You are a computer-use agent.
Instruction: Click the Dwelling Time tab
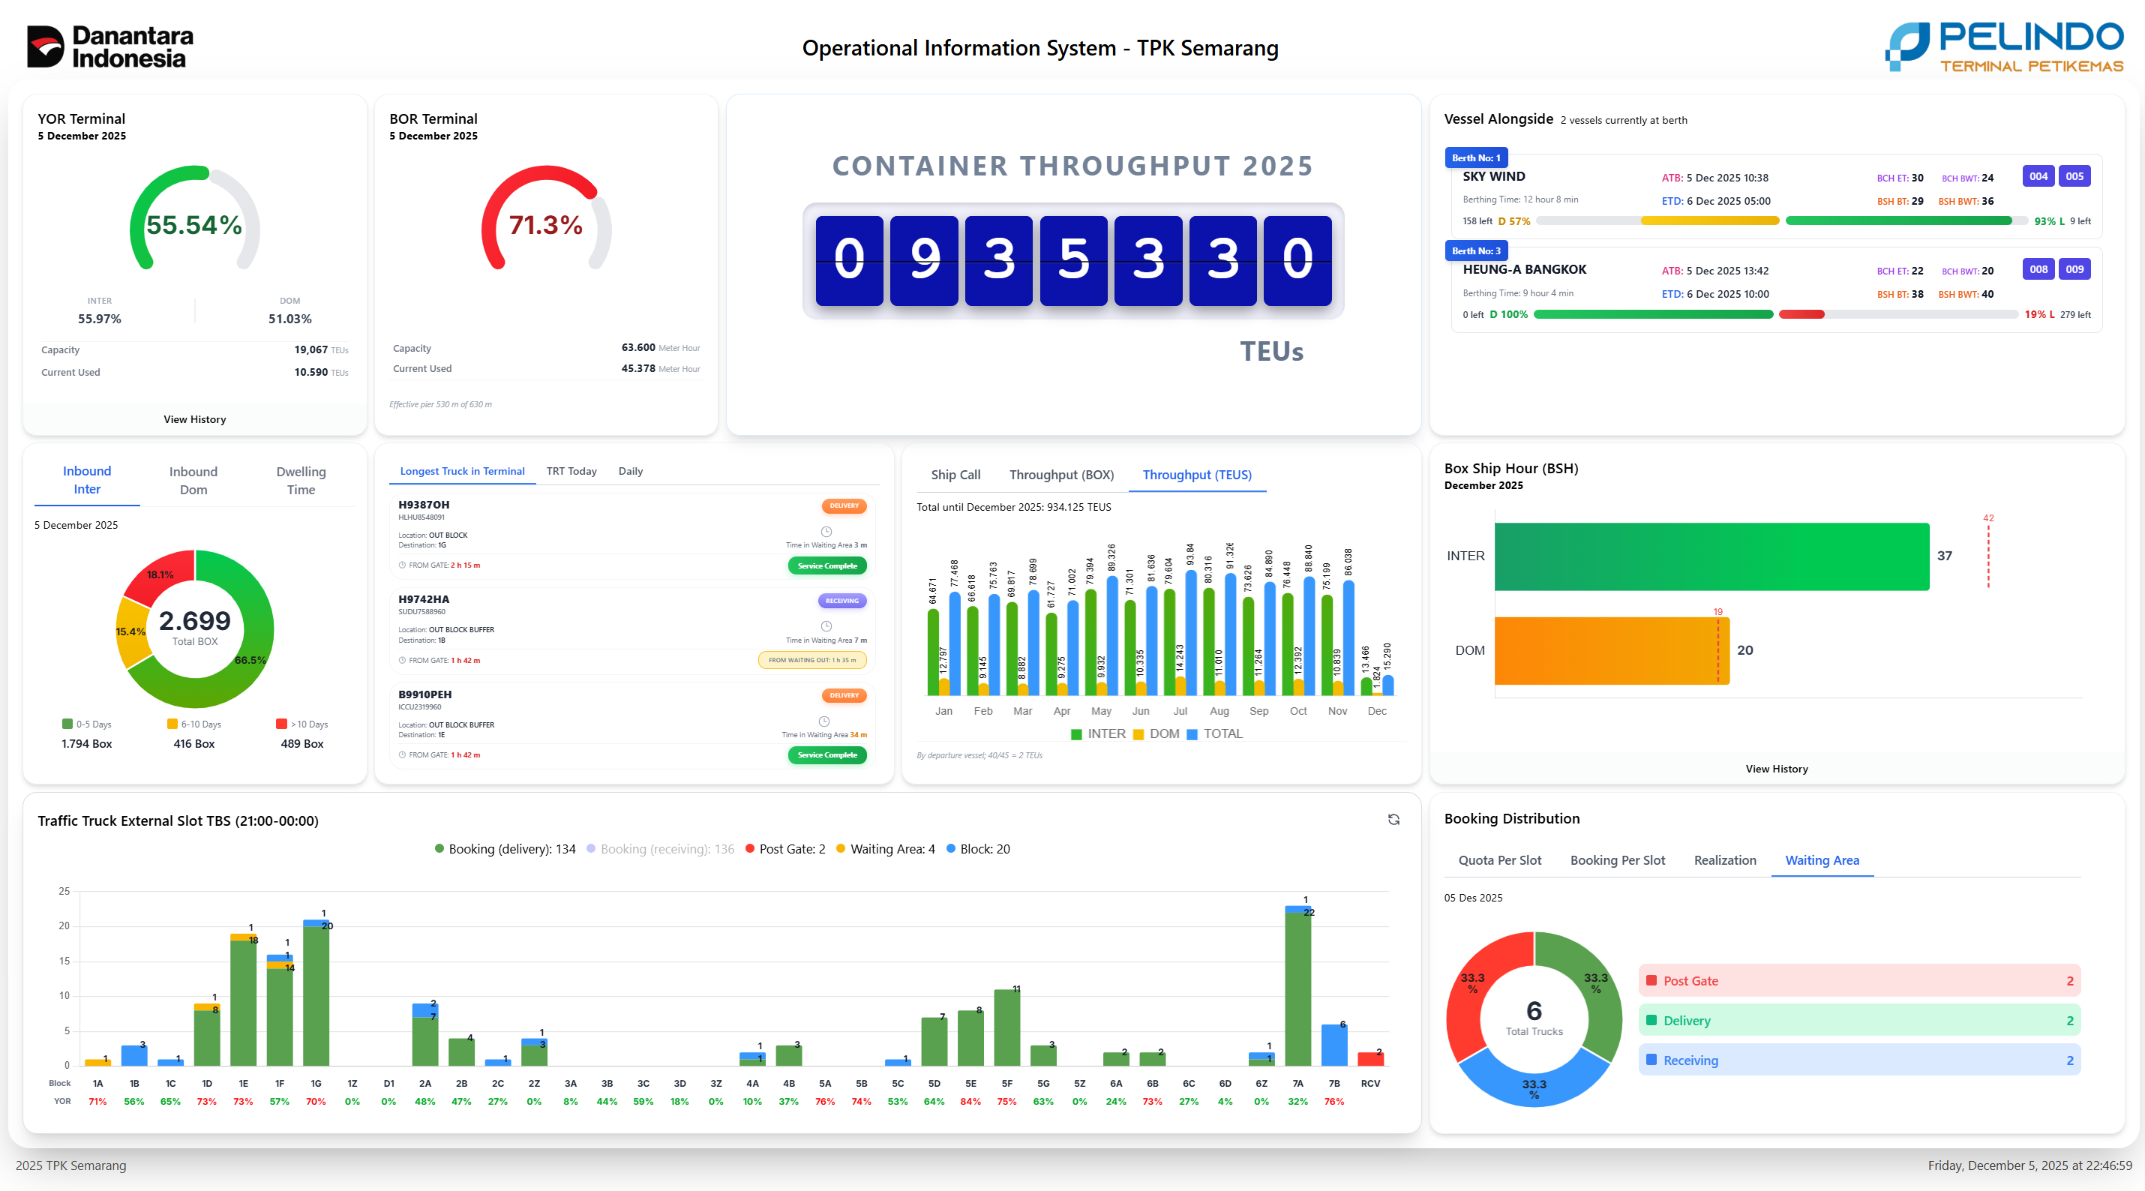(301, 481)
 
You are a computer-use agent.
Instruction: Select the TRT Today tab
(571, 472)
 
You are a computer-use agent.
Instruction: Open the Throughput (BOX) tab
(1060, 475)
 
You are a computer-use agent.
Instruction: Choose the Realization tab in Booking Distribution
(1724, 860)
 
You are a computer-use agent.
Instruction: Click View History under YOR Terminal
(195, 420)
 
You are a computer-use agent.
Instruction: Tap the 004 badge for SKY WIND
(2038, 176)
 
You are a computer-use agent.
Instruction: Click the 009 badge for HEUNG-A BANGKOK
(2074, 270)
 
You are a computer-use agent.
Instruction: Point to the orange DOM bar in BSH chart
(1610, 650)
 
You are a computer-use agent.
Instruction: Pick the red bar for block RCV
(1370, 1060)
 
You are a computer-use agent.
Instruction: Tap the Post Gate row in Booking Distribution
(1858, 981)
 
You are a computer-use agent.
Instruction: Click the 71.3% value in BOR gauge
(545, 225)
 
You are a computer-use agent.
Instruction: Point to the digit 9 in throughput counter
(923, 259)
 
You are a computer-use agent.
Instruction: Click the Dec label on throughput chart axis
(1377, 711)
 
